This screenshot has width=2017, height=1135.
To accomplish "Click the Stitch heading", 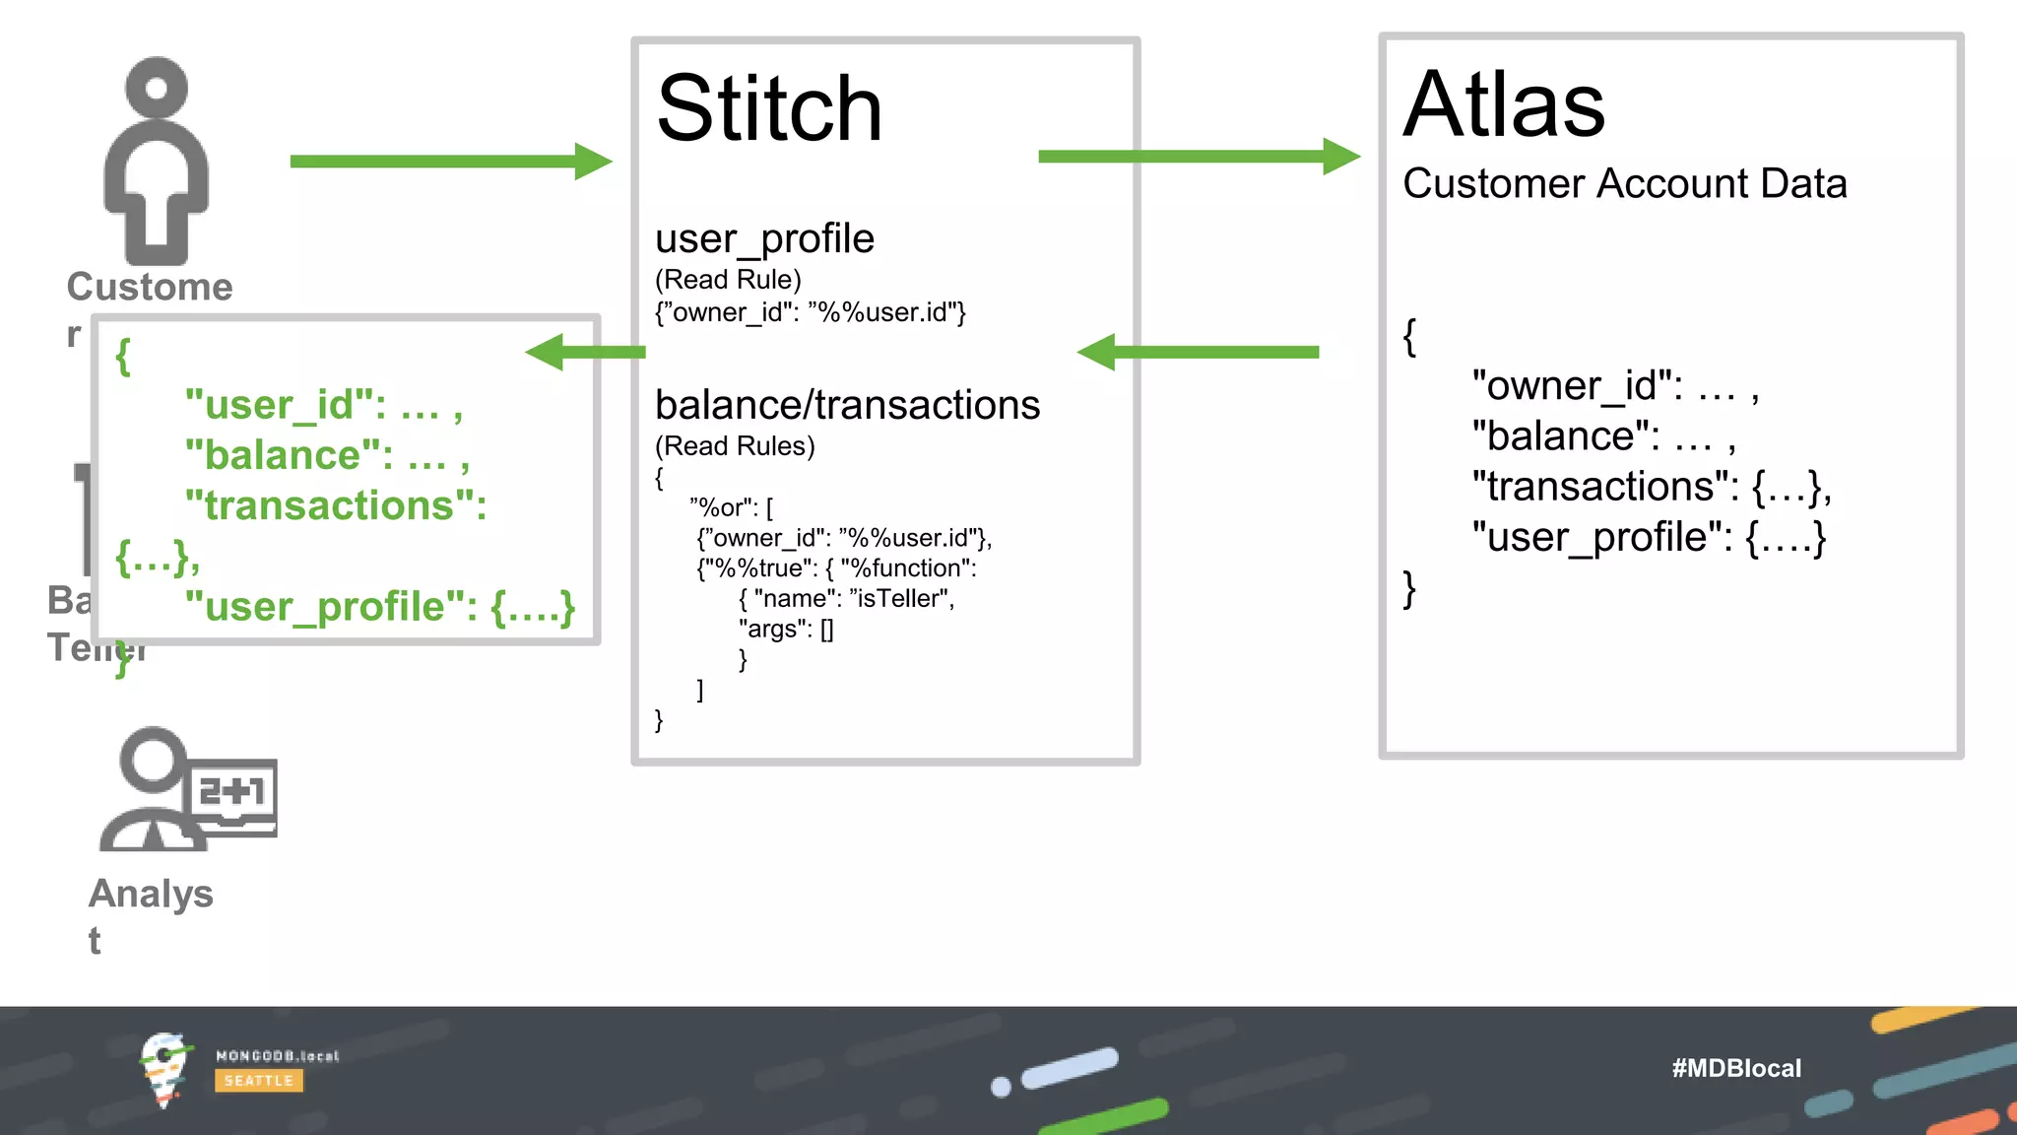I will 769,109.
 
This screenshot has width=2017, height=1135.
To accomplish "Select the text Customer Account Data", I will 1624,184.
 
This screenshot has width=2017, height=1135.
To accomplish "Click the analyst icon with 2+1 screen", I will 187,790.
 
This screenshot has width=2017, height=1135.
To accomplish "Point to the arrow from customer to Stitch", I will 450,162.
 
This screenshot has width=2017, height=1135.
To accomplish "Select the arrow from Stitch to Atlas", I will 1198,157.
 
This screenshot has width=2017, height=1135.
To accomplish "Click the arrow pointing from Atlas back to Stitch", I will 1198,352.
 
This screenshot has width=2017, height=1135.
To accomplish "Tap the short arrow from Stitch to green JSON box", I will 585,352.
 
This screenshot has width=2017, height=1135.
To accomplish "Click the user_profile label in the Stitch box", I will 764,238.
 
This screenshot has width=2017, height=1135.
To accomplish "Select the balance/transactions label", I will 847,405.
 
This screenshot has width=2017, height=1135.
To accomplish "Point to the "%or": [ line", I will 732,507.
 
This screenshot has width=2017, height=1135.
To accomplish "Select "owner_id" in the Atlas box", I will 1577,385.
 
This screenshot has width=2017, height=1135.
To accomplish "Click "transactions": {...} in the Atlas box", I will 1651,487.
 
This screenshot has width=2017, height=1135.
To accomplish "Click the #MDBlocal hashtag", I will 1735,1068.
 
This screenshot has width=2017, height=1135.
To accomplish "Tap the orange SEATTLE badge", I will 258,1081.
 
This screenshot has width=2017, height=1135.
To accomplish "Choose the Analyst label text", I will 151,894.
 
